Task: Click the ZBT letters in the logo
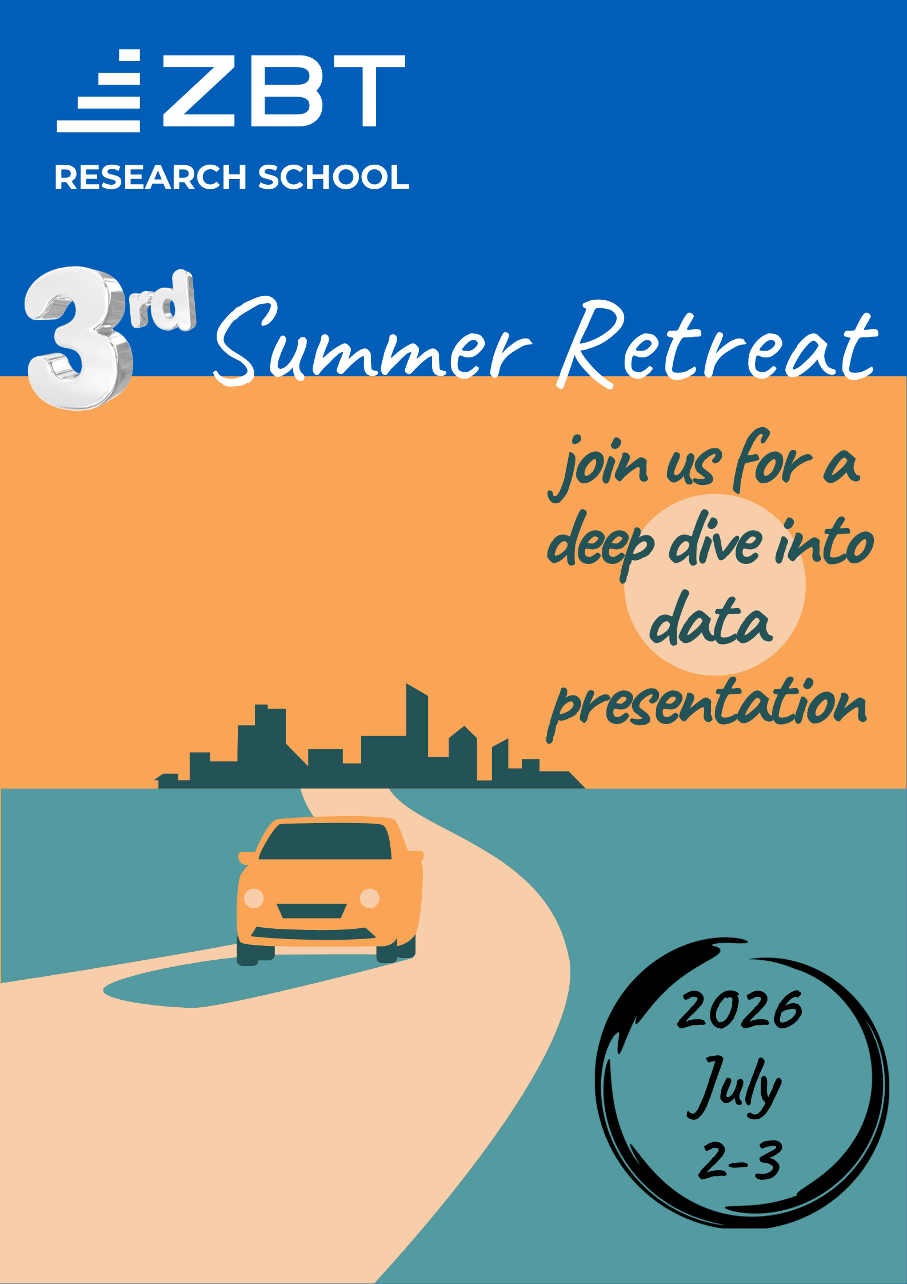coord(284,91)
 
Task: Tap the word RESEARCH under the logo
coord(150,177)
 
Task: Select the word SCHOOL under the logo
coord(334,177)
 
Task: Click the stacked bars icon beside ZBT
coord(99,91)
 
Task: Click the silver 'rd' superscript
coord(162,301)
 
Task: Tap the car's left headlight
coord(254,898)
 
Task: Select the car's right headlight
coord(370,898)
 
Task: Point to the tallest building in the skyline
coord(417,735)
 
